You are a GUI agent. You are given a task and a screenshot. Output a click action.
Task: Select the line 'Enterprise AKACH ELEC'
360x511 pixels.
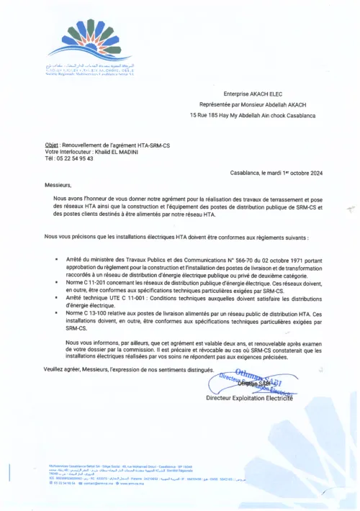tap(245, 94)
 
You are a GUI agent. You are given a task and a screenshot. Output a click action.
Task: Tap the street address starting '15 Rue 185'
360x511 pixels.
tap(245, 114)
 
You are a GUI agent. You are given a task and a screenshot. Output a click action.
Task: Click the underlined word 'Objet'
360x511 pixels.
tap(51, 145)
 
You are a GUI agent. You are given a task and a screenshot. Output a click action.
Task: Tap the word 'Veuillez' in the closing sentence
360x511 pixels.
tap(57, 369)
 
